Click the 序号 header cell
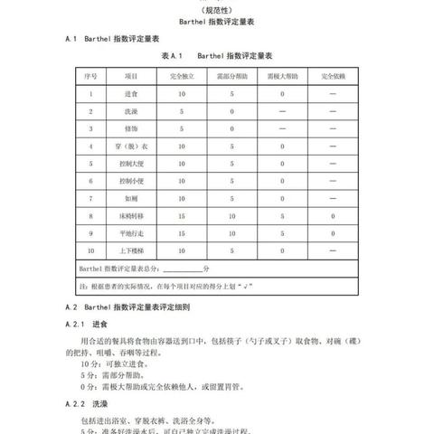point(90,77)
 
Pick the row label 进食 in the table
point(132,94)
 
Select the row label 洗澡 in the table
point(132,111)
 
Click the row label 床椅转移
point(132,216)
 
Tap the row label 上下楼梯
point(132,250)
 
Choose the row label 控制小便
point(132,181)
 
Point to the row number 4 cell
point(90,146)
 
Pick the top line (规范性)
point(217,10)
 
